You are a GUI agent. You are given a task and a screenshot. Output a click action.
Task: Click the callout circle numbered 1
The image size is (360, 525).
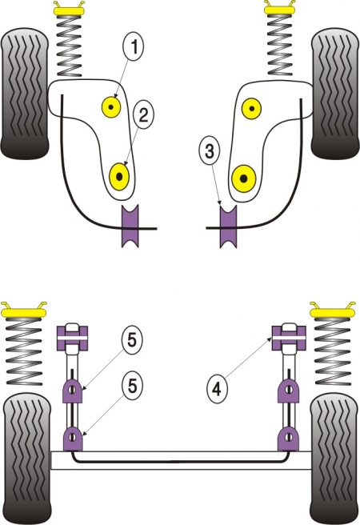134,48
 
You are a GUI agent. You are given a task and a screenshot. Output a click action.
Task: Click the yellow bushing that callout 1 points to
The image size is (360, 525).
110,106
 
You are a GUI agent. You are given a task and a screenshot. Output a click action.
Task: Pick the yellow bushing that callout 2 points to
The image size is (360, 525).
121,174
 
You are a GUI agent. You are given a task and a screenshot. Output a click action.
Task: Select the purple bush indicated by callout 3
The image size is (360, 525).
229,227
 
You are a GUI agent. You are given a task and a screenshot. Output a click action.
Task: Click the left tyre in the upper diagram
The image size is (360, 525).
25,91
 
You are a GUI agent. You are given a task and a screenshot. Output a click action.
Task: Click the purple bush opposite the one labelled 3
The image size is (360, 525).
130,227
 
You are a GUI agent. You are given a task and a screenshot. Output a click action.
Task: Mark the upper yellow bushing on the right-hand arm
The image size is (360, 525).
252,106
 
